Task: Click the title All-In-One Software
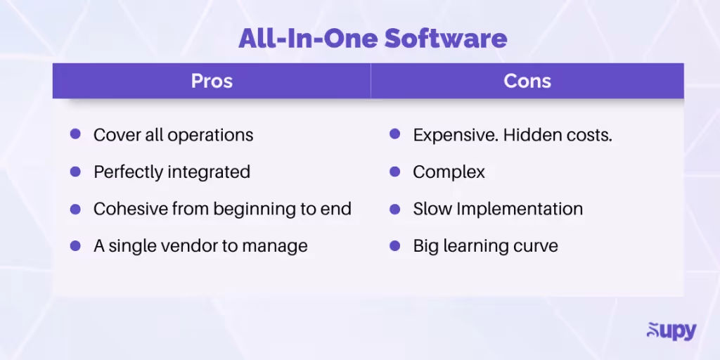373,38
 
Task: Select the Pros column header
212,81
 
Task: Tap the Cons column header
527,81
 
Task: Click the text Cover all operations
173,135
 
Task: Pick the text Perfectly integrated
172,172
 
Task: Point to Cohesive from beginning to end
222,210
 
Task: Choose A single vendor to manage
200,246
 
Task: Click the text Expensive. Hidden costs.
512,135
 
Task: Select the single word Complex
449,172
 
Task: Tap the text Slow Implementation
498,210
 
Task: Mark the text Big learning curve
485,246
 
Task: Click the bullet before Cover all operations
75,134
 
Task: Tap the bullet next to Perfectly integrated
75,171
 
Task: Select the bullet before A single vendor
75,245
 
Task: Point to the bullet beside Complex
395,171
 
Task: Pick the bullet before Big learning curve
395,245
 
